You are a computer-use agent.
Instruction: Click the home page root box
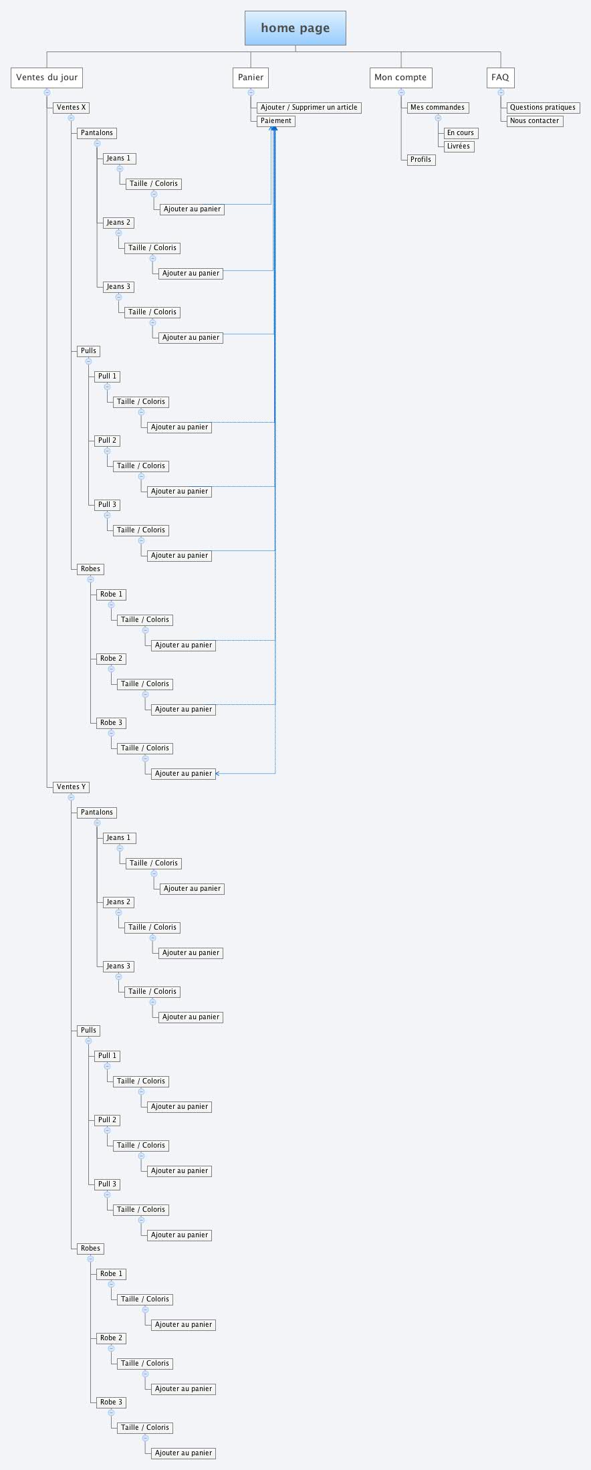tap(295, 28)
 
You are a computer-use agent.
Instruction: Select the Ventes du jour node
tap(47, 78)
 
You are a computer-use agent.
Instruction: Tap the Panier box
tap(251, 78)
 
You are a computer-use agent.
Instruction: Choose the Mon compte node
tap(400, 78)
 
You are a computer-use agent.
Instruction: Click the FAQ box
tap(500, 78)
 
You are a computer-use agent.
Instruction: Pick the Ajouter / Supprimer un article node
tap(309, 108)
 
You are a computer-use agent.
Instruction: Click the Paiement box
tap(276, 121)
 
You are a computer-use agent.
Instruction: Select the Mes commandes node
tap(437, 108)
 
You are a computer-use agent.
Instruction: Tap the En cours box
tap(461, 133)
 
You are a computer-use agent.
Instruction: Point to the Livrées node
tap(459, 146)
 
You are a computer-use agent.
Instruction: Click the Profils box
tap(421, 160)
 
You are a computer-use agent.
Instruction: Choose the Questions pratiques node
tap(542, 108)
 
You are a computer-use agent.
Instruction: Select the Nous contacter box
tap(534, 121)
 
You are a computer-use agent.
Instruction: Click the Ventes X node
tap(72, 108)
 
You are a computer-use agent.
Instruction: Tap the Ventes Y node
tap(72, 787)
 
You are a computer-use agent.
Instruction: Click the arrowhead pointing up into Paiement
tap(273, 128)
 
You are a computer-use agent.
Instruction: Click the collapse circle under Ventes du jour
tap(47, 92)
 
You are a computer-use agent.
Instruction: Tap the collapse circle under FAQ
tap(501, 92)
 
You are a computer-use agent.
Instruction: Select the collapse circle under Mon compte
tap(401, 92)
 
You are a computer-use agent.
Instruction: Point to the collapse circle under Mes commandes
tap(438, 118)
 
